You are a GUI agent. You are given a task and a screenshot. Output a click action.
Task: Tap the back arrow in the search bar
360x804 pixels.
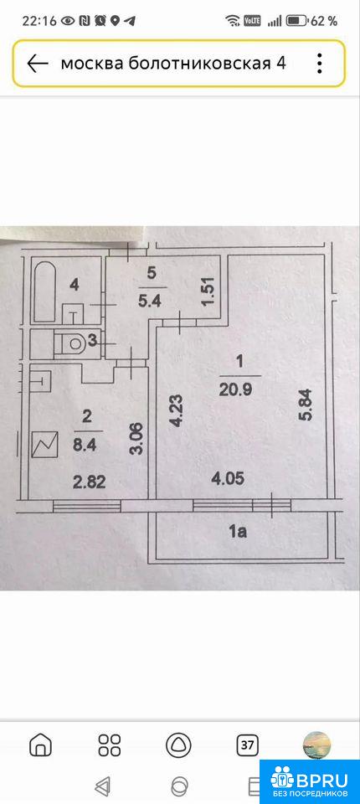coord(38,64)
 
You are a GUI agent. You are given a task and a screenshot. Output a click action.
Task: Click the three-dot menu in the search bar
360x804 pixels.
coord(319,64)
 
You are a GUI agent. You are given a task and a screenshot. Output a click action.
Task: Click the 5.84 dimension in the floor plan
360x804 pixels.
coord(306,405)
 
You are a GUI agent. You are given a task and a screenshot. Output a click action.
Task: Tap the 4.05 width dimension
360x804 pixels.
coord(229,479)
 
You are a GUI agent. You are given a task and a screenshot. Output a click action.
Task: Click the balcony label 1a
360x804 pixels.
coord(238,533)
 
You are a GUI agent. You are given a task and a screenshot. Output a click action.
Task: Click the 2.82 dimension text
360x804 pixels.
coord(89,482)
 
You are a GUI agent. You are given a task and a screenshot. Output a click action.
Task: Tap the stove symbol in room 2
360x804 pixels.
coord(44,445)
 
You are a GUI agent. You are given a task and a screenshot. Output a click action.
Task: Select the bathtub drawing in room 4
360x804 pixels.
coord(45,293)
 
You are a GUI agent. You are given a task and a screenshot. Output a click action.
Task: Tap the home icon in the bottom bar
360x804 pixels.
coord(40,745)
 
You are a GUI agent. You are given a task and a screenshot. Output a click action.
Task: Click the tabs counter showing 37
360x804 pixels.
coord(248,745)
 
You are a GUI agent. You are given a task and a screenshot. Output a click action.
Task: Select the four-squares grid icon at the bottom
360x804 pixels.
coord(109,745)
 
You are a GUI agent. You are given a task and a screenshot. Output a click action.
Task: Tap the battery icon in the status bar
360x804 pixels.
coord(297,21)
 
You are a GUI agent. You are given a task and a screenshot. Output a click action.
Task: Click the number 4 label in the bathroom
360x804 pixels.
coord(75,286)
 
